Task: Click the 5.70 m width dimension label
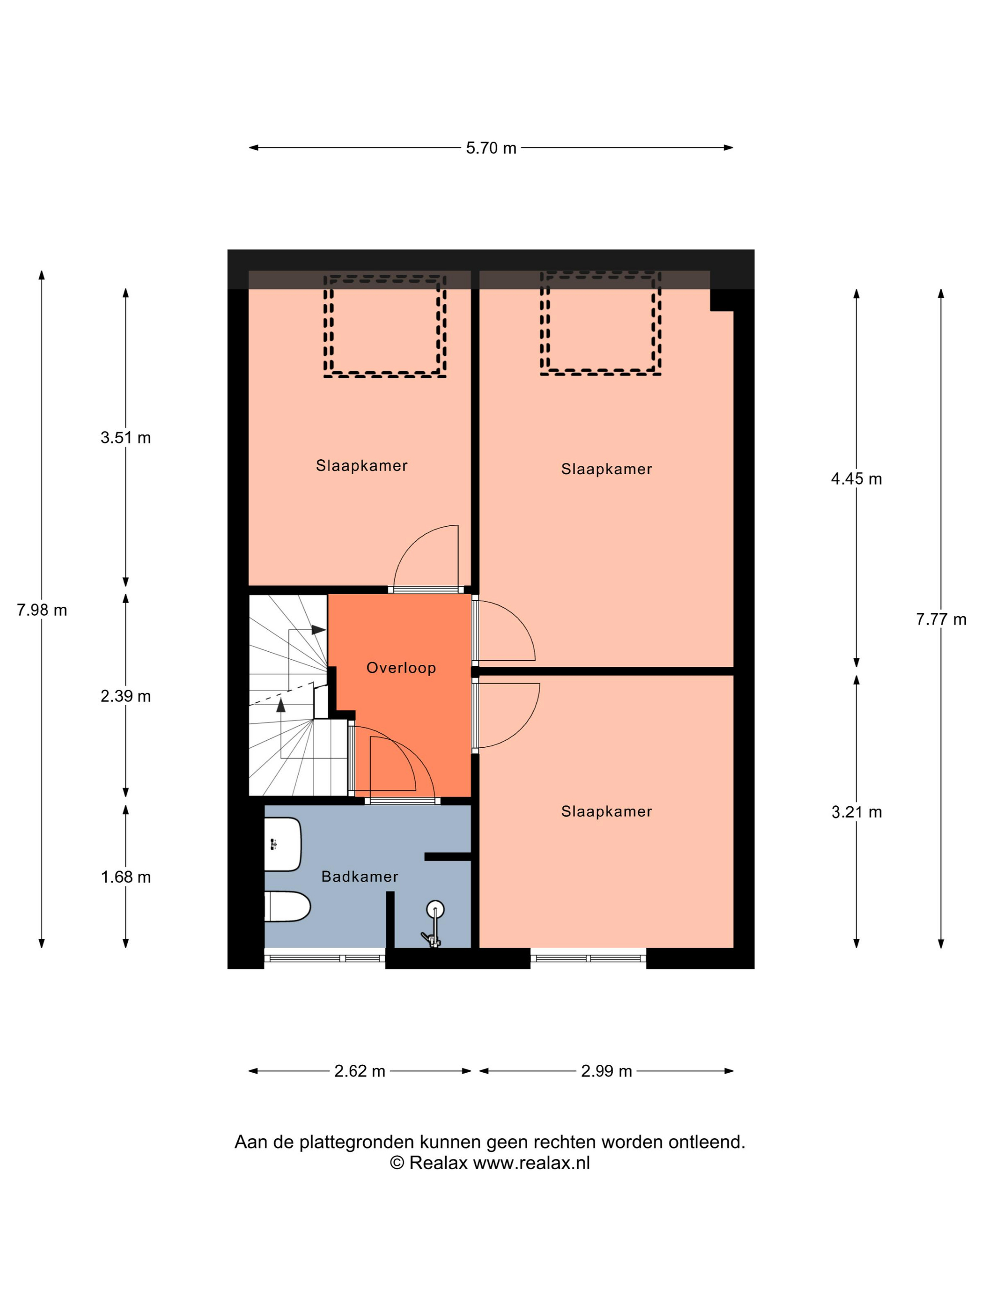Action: click(x=491, y=147)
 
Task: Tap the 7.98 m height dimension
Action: click(x=42, y=610)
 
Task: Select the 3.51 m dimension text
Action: click(x=125, y=437)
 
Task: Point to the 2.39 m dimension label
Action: click(x=125, y=696)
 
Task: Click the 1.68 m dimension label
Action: click(x=125, y=877)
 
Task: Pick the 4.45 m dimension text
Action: click(x=856, y=479)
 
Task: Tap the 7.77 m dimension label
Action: click(x=941, y=619)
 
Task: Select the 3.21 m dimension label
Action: click(x=856, y=812)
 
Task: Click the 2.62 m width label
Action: click(x=359, y=1071)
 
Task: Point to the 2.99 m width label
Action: click(x=606, y=1071)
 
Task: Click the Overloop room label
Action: click(x=401, y=668)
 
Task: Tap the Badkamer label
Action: click(x=359, y=876)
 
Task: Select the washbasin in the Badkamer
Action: click(x=283, y=845)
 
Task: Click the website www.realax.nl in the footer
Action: click(x=531, y=1163)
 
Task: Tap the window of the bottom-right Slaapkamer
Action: click(x=588, y=958)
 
